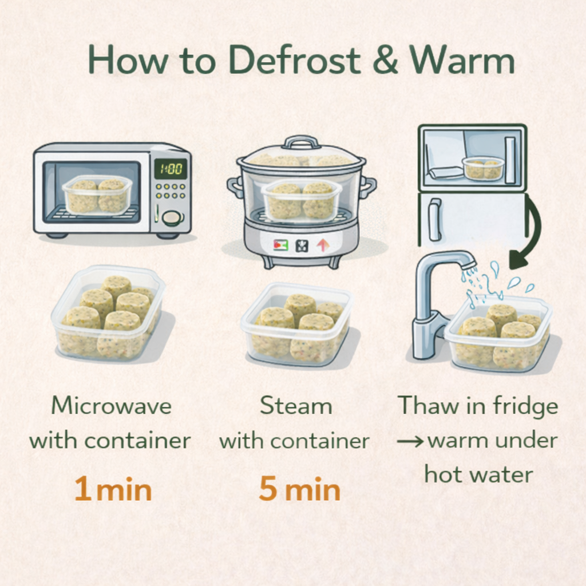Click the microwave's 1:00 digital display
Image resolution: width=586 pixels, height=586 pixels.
(171, 169)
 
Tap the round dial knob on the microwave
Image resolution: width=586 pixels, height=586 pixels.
(172, 218)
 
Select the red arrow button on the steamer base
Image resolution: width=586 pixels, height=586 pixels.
(322, 245)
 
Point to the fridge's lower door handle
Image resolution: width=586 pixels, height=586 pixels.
(434, 219)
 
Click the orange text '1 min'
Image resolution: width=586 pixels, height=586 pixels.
(113, 489)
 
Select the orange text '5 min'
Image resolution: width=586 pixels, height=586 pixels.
(300, 489)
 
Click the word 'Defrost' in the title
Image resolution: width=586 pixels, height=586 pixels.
(295, 60)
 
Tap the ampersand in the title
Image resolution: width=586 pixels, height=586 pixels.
(385, 60)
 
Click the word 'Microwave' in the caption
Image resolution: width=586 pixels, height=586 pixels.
(112, 406)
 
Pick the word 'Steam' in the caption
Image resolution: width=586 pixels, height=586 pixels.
(296, 406)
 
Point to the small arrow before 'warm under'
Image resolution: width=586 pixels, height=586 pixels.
(410, 442)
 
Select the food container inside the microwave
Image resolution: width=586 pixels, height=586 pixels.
(97, 195)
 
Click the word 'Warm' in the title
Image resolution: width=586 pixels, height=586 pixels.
(462, 60)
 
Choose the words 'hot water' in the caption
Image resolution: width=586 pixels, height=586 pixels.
(479, 475)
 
